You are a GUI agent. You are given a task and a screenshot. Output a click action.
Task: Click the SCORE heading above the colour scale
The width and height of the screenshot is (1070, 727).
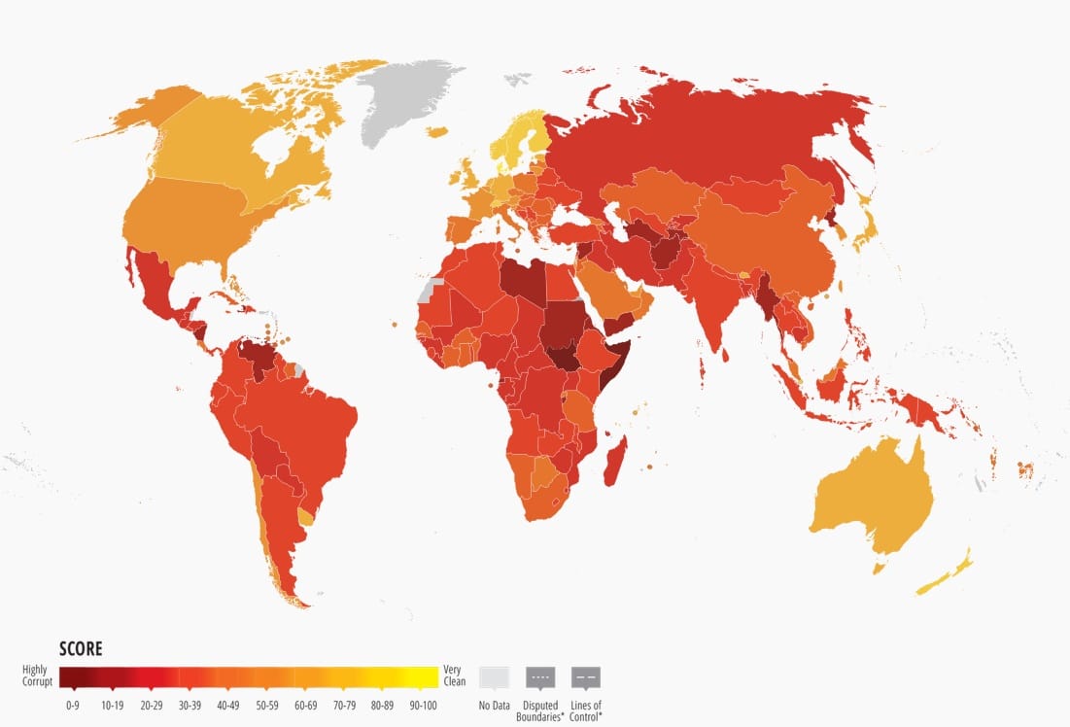point(80,649)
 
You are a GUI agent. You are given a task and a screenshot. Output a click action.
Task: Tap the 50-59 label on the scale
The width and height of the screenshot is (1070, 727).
point(268,705)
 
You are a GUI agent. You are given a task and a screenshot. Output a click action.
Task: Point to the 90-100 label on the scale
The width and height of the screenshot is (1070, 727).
point(423,705)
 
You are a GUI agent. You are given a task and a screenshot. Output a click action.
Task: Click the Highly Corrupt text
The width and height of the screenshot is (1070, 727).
point(38,675)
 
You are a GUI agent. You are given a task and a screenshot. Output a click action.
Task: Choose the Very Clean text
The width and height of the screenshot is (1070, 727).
point(454,675)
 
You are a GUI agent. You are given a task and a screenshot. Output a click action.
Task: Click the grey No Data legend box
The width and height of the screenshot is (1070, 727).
point(494,677)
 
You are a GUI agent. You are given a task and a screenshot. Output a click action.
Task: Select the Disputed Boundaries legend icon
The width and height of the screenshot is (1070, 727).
point(540,677)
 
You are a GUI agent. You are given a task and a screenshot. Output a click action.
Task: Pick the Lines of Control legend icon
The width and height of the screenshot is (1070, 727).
point(586,677)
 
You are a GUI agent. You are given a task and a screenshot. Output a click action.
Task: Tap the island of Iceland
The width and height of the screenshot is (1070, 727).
point(437,130)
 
